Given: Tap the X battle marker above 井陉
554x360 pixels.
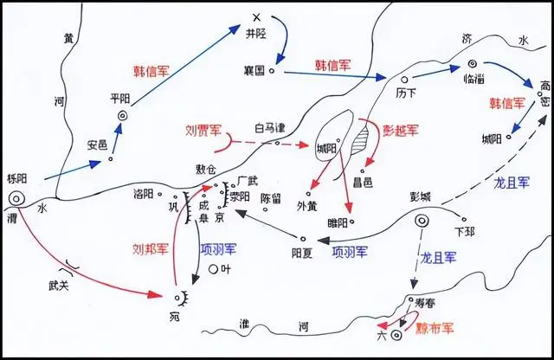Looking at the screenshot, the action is tap(254, 17).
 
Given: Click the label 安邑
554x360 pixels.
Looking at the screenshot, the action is tap(97, 144).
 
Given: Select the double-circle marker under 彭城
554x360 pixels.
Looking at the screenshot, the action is tap(422, 222).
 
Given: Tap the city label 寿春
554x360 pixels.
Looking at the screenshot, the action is tap(430, 303).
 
